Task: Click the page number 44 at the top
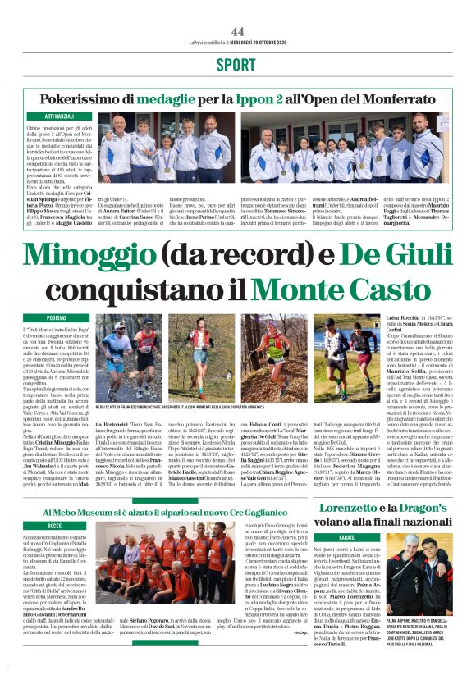(x=238, y=31)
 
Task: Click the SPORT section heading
(x=237, y=65)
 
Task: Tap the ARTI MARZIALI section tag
(x=61, y=118)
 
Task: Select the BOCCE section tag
(x=54, y=524)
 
